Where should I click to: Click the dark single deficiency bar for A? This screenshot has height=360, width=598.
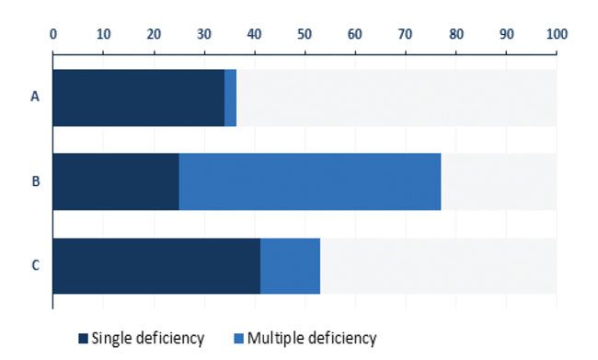pyautogui.click(x=139, y=98)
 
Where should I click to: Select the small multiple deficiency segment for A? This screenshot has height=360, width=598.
pyautogui.click(x=230, y=98)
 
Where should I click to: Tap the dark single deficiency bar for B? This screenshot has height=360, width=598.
pyautogui.click(x=116, y=181)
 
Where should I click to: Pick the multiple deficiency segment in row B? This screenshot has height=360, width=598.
pyautogui.click(x=310, y=181)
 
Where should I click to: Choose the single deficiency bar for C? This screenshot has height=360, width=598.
pyautogui.click(x=156, y=266)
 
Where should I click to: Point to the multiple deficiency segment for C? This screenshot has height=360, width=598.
pyautogui.click(x=290, y=266)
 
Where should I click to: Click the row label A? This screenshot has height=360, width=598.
pyautogui.click(x=35, y=97)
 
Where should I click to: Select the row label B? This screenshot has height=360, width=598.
pyautogui.click(x=36, y=181)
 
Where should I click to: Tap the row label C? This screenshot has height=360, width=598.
pyautogui.click(x=36, y=265)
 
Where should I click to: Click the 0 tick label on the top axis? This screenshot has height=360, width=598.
pyautogui.click(x=53, y=34)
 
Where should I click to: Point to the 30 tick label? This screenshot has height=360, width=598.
pyautogui.click(x=204, y=34)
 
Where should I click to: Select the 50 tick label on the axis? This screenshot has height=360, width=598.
pyautogui.click(x=305, y=34)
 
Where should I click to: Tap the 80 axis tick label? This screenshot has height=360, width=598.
pyautogui.click(x=456, y=34)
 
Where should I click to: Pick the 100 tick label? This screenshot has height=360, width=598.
pyautogui.click(x=558, y=34)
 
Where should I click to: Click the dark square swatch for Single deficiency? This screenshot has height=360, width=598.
pyautogui.click(x=83, y=338)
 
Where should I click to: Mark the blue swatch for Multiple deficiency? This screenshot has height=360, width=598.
pyautogui.click(x=239, y=338)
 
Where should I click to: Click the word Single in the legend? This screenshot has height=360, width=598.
pyautogui.click(x=111, y=339)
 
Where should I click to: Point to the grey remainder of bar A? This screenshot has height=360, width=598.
pyautogui.click(x=397, y=98)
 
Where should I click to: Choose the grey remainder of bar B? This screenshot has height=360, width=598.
pyautogui.click(x=499, y=181)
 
